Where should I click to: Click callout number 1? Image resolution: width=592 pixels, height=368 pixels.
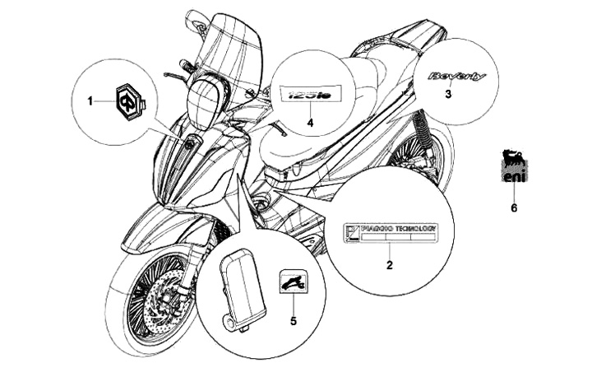click(x=90, y=100)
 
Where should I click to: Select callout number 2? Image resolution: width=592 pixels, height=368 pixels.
click(x=390, y=265)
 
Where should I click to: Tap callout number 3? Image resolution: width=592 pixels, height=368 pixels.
click(x=448, y=95)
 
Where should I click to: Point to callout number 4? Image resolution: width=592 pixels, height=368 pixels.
click(x=311, y=123)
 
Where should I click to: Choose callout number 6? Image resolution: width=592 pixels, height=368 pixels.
click(x=514, y=208)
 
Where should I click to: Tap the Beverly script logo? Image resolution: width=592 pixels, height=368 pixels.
click(x=456, y=77)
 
